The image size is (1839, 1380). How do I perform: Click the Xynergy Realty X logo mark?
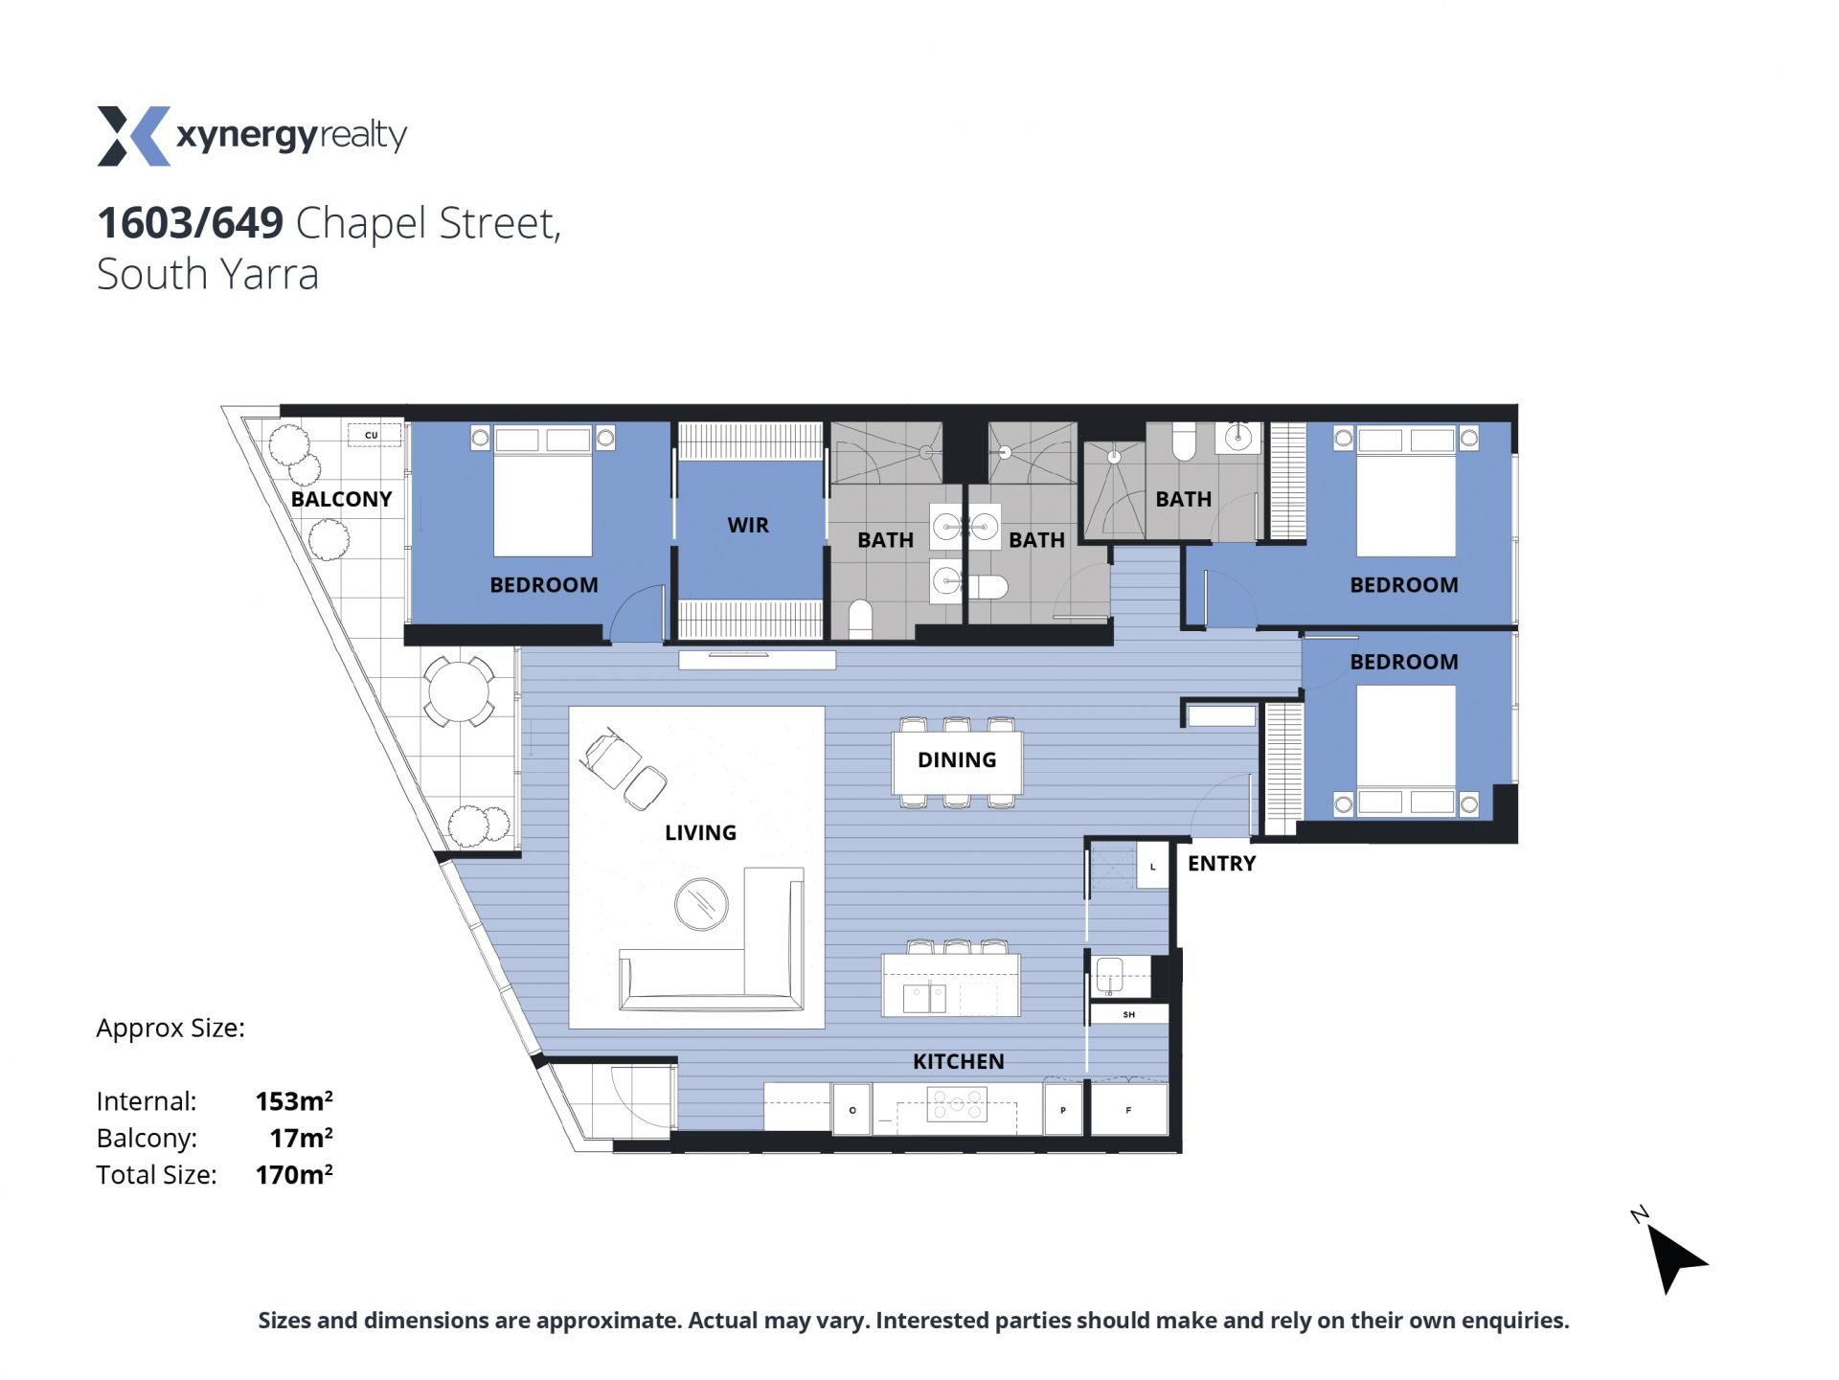tap(134, 136)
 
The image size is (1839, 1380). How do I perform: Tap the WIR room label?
tap(748, 525)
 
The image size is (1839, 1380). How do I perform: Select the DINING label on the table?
tap(957, 759)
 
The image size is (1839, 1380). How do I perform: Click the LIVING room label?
tap(700, 832)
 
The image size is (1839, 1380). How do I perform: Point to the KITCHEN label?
tap(958, 1061)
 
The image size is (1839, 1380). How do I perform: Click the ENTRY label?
tap(1221, 863)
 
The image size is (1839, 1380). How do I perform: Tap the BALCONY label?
tap(341, 499)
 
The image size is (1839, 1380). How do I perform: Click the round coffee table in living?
tap(701, 904)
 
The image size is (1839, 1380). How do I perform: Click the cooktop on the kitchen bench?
tap(957, 1104)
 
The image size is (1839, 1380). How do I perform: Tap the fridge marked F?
tap(1129, 1110)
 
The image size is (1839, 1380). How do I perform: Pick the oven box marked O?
tap(851, 1110)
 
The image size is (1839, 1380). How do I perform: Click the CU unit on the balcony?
tap(374, 435)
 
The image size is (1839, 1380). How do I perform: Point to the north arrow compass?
tap(1673, 1254)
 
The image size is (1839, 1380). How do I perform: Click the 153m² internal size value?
tap(294, 1100)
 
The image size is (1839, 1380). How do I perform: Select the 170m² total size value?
tap(294, 1174)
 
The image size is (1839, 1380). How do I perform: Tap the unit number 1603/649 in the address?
tap(191, 223)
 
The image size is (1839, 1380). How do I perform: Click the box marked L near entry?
tap(1153, 866)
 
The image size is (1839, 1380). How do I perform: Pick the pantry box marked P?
tap(1063, 1110)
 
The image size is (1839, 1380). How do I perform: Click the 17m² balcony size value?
tap(302, 1138)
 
